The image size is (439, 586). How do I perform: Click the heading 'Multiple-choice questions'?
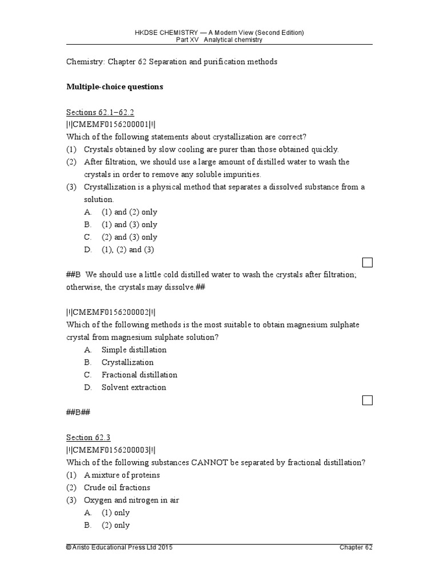pyautogui.click(x=114, y=87)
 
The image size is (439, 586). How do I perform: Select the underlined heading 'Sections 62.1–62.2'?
pyautogui.click(x=100, y=112)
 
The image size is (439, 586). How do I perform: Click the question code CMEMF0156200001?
pyautogui.click(x=111, y=124)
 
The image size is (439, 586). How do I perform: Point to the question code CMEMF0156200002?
pyautogui.click(x=111, y=312)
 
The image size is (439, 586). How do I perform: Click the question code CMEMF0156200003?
pyautogui.click(x=111, y=450)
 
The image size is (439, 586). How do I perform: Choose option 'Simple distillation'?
pyautogui.click(x=134, y=350)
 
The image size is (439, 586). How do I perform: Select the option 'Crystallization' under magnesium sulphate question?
pyautogui.click(x=127, y=362)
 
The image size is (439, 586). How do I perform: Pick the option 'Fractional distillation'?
pyautogui.click(x=139, y=375)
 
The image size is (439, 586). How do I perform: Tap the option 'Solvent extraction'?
pyautogui.click(x=134, y=387)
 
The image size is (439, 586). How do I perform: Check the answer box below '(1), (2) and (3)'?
pyautogui.click(x=368, y=262)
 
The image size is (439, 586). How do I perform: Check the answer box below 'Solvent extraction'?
pyautogui.click(x=368, y=400)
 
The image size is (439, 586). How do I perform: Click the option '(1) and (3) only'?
pyautogui.click(x=129, y=225)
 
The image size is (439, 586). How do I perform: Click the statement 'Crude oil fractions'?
pyautogui.click(x=117, y=488)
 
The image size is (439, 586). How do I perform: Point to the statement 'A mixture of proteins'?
pyautogui.click(x=121, y=475)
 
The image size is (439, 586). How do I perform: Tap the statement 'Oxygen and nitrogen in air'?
pyautogui.click(x=131, y=500)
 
